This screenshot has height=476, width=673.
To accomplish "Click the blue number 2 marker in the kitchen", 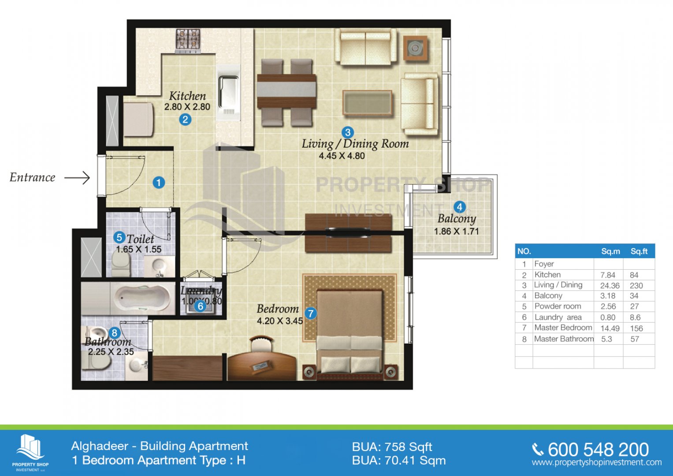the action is (x=185, y=119).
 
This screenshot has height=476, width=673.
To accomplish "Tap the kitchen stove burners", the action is (x=188, y=40).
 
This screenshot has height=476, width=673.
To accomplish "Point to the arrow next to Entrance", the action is (x=77, y=178).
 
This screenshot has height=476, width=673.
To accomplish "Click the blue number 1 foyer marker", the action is (x=159, y=182).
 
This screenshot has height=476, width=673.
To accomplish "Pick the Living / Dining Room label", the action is (x=355, y=144).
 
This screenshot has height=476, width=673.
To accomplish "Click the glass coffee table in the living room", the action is (x=368, y=103).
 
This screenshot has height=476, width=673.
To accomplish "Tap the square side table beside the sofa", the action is (x=415, y=48).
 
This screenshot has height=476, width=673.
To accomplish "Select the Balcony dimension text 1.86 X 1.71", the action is (x=456, y=231).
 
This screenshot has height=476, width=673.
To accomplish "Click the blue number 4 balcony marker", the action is (x=459, y=207).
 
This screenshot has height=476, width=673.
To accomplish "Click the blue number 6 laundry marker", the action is (x=201, y=306).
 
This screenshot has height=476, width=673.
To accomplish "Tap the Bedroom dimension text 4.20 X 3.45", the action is (x=280, y=321).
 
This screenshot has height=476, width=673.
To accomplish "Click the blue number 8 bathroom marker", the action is (x=114, y=333).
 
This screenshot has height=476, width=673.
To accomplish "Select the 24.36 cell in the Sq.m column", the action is (x=610, y=286).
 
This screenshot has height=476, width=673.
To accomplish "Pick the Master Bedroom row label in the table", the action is (x=563, y=327).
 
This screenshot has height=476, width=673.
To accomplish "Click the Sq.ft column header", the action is (x=639, y=251).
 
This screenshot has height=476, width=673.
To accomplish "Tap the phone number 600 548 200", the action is (x=598, y=450).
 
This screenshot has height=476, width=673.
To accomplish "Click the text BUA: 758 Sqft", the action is (x=392, y=447).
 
